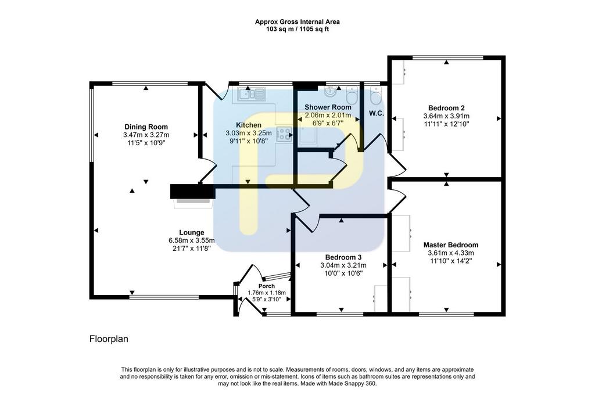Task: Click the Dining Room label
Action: click(146, 127)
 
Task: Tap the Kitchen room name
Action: click(249, 125)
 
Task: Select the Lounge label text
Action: click(192, 232)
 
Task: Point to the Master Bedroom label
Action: click(451, 245)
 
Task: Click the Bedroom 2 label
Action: click(446, 108)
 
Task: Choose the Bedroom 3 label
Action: click(343, 258)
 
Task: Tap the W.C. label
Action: click(377, 113)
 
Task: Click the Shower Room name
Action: click(328, 107)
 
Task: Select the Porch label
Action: click(266, 286)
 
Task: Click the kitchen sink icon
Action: click(252, 93)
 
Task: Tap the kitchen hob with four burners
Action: click(284, 135)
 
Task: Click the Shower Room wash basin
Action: click(330, 91)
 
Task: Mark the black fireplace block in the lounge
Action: click(193, 192)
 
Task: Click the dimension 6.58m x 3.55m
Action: click(192, 240)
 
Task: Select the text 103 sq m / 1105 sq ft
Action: click(297, 29)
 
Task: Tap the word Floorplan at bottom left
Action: click(109, 339)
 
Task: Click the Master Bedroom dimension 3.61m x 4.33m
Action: click(451, 253)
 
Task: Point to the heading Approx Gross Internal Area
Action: click(297, 22)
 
